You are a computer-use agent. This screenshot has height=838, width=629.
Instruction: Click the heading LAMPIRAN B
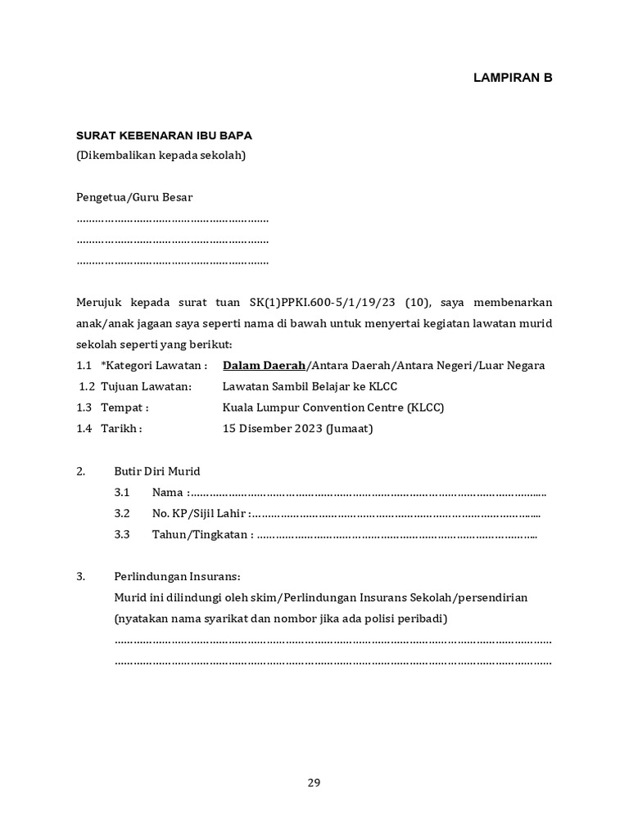pyautogui.click(x=514, y=78)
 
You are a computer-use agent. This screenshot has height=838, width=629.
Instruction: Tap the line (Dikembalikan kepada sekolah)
pyautogui.click(x=161, y=155)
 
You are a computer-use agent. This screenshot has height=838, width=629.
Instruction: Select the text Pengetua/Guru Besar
pyautogui.click(x=134, y=197)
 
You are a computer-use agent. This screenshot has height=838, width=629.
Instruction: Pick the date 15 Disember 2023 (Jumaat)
pyautogui.click(x=297, y=429)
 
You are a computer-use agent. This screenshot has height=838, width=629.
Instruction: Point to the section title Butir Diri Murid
pyautogui.click(x=156, y=471)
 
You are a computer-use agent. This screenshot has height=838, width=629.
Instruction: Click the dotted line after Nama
pyautogui.click(x=369, y=493)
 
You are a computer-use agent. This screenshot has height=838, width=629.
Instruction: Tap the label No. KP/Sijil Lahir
pyautogui.click(x=199, y=514)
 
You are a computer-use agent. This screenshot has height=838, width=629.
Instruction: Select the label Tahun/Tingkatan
pyautogui.click(x=201, y=535)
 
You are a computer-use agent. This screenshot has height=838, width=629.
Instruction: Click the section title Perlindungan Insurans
pyautogui.click(x=177, y=576)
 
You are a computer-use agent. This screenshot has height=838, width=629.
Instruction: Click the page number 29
pyautogui.click(x=314, y=782)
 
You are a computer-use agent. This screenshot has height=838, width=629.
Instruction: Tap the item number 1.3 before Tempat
pyautogui.click(x=84, y=408)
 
